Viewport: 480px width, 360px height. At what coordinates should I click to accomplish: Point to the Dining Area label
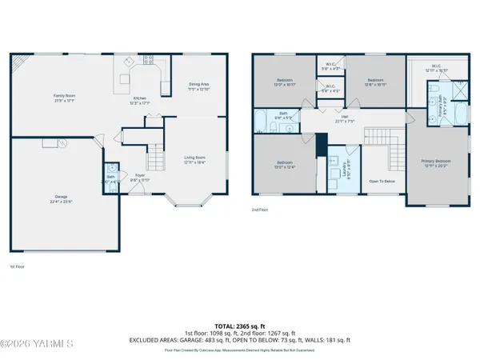pyautogui.click(x=198, y=86)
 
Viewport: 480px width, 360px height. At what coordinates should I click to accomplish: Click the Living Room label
pyautogui.click(x=195, y=158)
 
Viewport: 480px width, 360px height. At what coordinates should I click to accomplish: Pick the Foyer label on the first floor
pyautogui.click(x=139, y=175)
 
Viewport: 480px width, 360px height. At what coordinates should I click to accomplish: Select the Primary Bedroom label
pyautogui.click(x=437, y=163)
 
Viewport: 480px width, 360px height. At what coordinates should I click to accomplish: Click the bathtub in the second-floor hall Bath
pyautogui.click(x=262, y=123)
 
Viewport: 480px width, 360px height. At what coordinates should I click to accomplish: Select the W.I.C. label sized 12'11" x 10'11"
pyautogui.click(x=436, y=68)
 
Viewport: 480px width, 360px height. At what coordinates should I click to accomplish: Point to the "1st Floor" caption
pyautogui.click(x=17, y=266)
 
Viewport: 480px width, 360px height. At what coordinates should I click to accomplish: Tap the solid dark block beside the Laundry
pyautogui.click(x=319, y=146)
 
